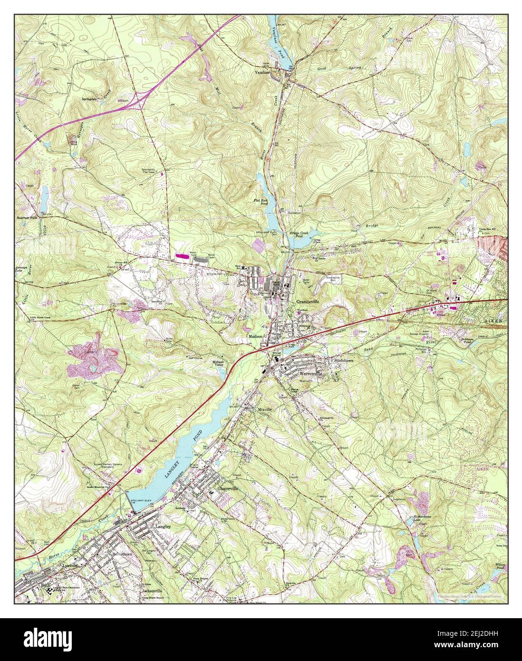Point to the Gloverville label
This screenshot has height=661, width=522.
click(x=227, y=488)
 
